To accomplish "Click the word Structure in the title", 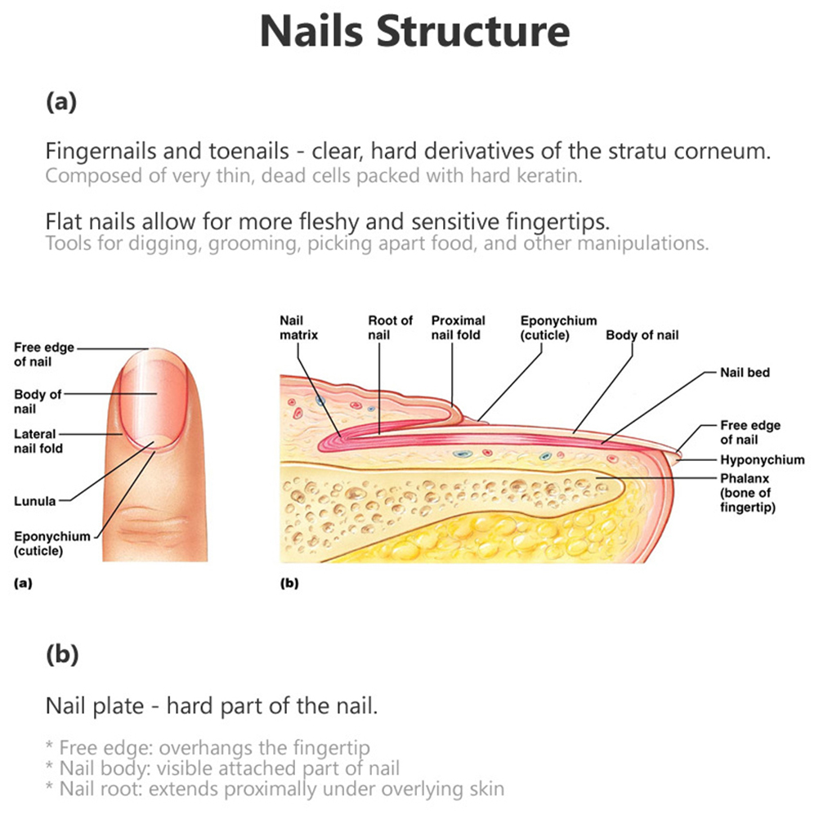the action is coord(472,31).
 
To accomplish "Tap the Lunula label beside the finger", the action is coord(34,501).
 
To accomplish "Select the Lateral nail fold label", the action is coord(38,441).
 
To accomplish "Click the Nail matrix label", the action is coord(299,328).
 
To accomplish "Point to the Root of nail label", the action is coord(390,328).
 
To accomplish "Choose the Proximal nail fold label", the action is coord(458,328).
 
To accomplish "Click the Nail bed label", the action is coord(745,373).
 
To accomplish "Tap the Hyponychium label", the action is coord(762,459).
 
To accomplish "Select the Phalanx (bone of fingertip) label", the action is coord(747,493).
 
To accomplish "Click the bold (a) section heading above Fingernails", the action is coord(61,101).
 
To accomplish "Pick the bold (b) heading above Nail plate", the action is coord(62,654).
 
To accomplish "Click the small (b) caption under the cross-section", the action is coord(289,583).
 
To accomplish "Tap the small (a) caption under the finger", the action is coord(23,583).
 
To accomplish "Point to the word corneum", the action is coord(722,151).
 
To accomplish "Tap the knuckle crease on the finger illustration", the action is coord(153,522).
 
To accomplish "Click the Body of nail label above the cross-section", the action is coord(642,335).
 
